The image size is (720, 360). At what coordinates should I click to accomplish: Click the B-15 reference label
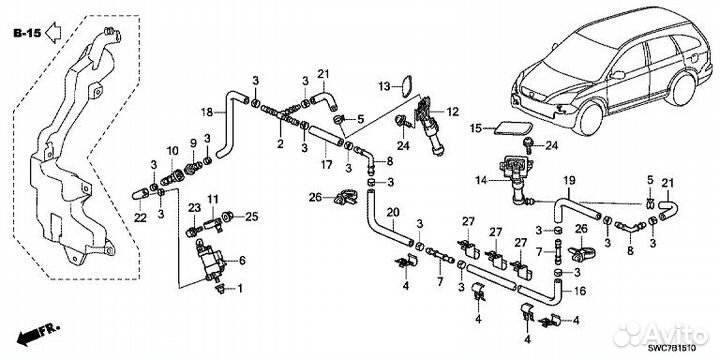tap(28, 33)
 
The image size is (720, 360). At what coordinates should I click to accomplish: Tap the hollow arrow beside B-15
tap(54, 33)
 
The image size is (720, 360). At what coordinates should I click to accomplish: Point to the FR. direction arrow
tap(38, 334)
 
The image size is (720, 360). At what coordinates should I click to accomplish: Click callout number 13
tap(384, 86)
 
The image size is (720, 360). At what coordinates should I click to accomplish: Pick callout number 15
tap(477, 128)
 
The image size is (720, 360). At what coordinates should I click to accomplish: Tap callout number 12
tap(452, 112)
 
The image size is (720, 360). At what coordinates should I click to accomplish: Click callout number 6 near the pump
tap(242, 260)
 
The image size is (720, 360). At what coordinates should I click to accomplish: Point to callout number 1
tap(239, 288)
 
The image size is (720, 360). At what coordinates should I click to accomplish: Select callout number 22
tap(140, 218)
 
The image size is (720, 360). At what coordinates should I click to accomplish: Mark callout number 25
tap(252, 217)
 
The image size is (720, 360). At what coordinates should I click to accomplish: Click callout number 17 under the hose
tap(326, 164)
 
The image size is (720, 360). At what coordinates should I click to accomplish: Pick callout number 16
tap(580, 291)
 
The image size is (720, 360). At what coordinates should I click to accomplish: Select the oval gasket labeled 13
tap(406, 87)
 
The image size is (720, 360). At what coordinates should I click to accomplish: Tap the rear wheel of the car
tap(681, 89)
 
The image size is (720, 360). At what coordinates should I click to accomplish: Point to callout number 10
tap(172, 150)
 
